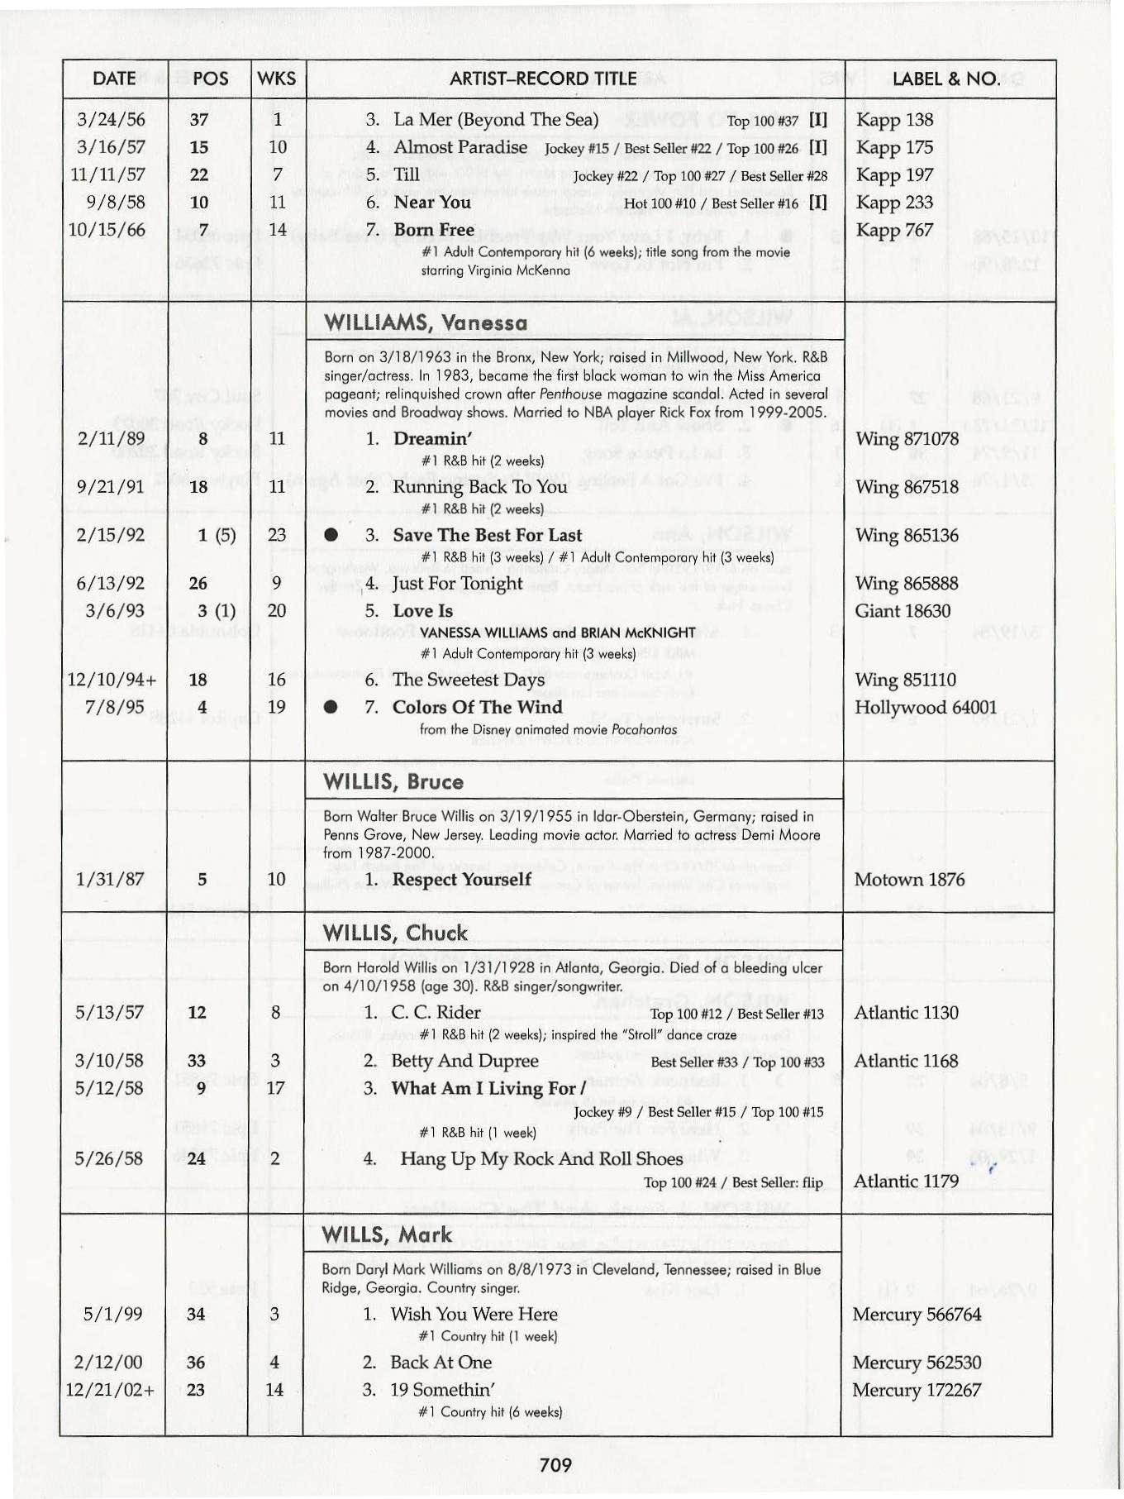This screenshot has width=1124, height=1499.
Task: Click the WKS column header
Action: (276, 79)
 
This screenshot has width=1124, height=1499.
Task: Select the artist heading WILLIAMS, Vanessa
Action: (426, 322)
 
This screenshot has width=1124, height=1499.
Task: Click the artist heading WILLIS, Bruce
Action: (393, 781)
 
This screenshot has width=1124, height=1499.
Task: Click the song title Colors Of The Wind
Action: (477, 707)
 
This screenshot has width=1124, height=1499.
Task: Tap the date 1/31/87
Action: (109, 879)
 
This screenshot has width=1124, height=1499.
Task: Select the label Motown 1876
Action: (909, 879)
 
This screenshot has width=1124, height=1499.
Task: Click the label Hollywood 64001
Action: (926, 708)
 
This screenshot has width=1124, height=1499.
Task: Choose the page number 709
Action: (555, 1465)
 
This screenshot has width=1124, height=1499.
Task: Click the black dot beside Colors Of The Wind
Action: (331, 708)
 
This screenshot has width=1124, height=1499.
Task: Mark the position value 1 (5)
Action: (216, 535)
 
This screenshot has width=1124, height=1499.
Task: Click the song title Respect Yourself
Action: (461, 879)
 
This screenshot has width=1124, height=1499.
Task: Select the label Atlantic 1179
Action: (906, 1181)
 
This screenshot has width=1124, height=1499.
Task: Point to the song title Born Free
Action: (434, 229)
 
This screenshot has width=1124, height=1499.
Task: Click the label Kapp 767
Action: (894, 230)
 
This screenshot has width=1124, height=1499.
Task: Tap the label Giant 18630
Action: (903, 611)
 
